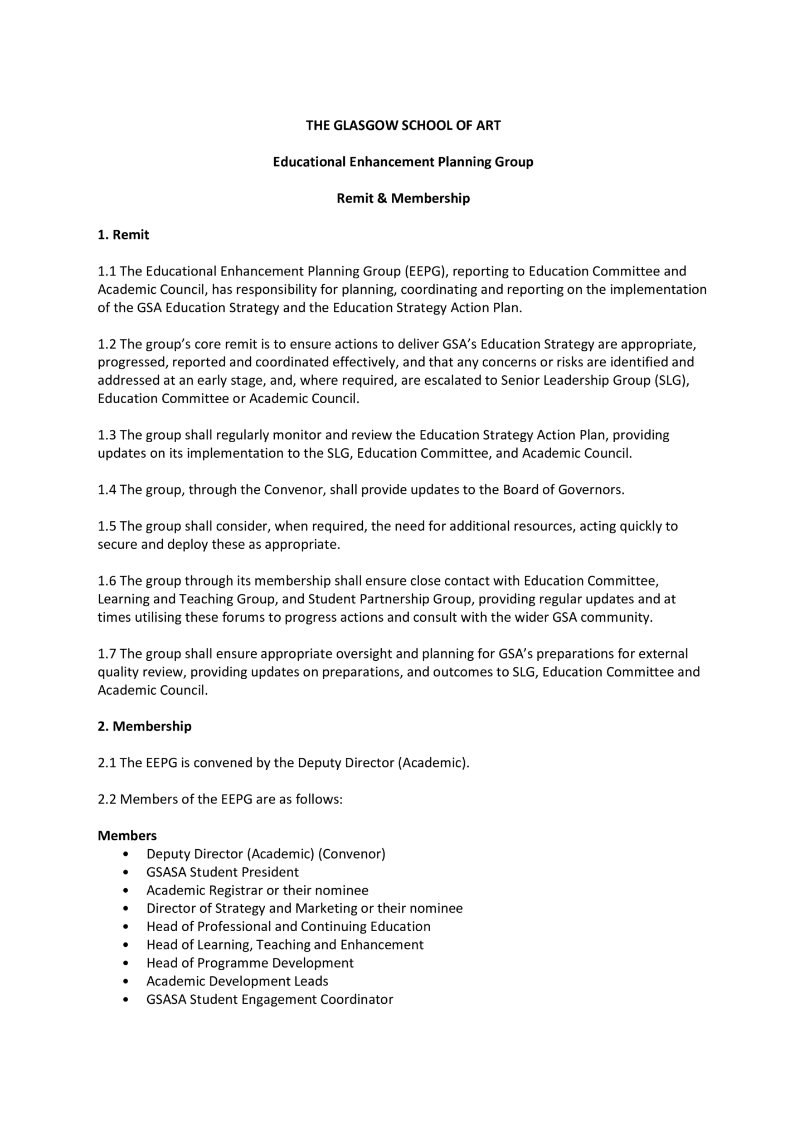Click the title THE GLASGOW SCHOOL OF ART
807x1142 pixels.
403,125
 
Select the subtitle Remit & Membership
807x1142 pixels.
403,199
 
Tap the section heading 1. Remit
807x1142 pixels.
123,235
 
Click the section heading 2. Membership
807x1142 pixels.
144,726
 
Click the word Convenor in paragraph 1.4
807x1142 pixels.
294,490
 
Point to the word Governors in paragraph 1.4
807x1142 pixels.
596,490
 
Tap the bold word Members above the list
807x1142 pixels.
127,835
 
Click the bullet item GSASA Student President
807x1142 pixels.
222,872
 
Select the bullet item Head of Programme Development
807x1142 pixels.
250,963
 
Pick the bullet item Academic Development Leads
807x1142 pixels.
237,981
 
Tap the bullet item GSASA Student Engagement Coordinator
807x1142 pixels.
270,999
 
